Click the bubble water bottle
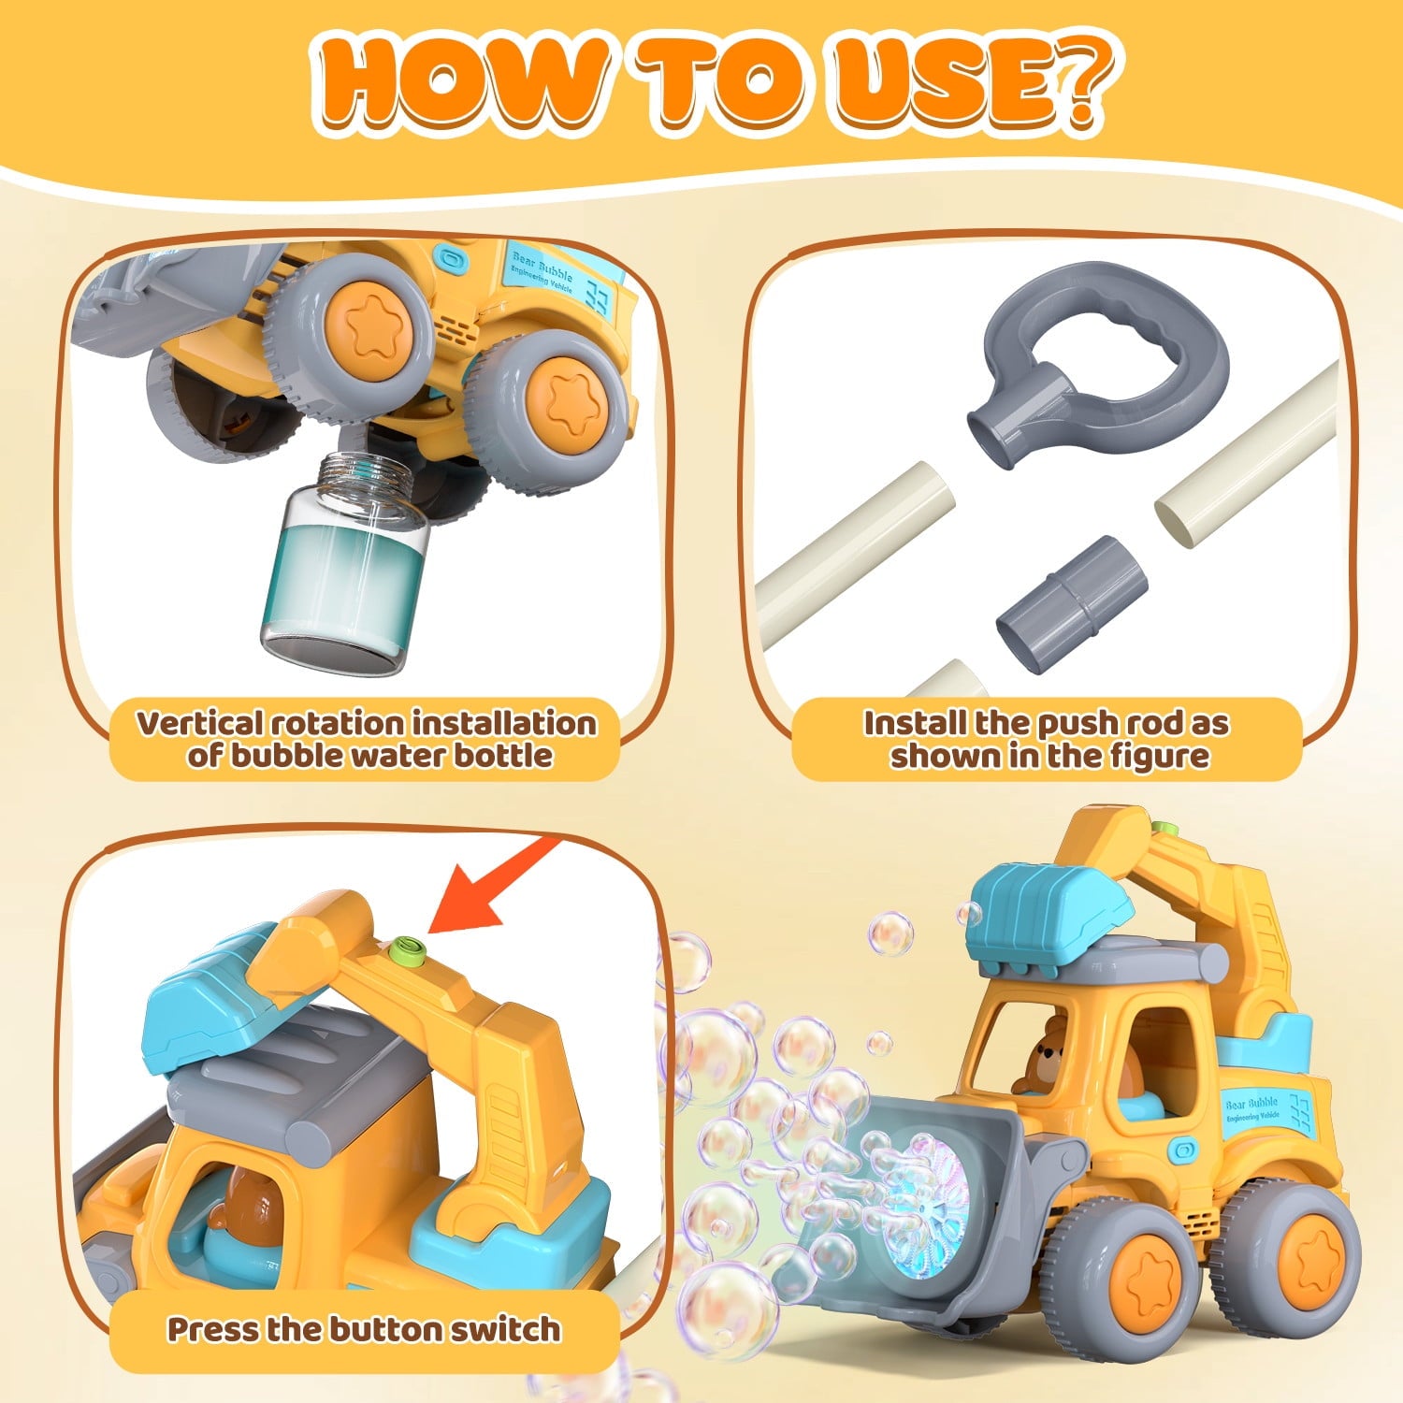coord(345,561)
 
